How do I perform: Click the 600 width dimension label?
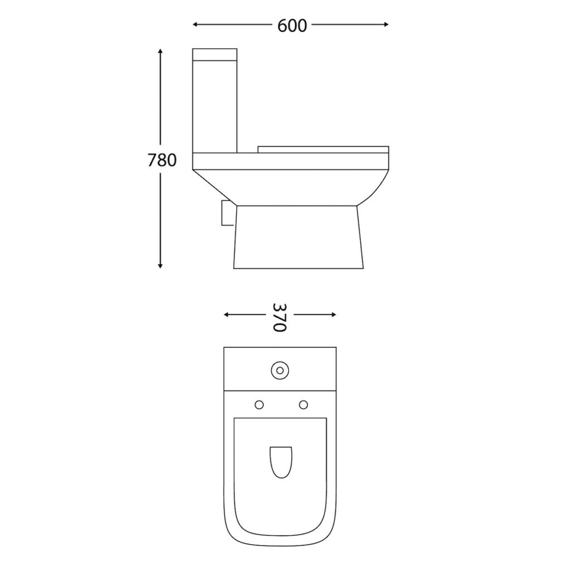click(292, 25)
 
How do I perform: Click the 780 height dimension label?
click(162, 161)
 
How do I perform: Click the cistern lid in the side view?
click(215, 54)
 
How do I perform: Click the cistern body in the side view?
click(215, 106)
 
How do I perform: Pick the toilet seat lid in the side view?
click(323, 148)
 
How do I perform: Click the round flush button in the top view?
click(280, 369)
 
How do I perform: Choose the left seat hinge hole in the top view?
click(259, 404)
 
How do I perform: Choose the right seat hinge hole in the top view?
click(304, 404)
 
